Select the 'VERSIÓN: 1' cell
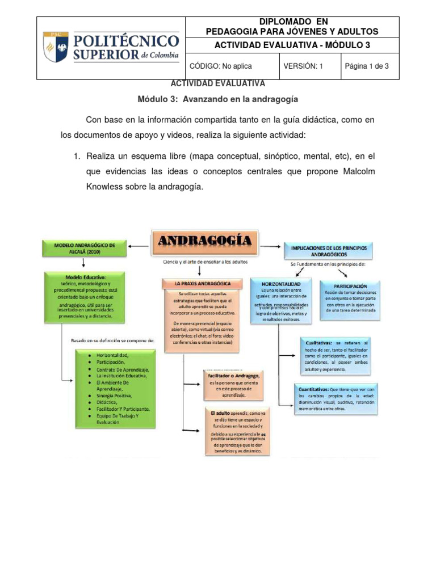(x=303, y=66)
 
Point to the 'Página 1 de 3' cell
(x=367, y=66)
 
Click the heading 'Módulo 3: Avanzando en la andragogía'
(x=218, y=99)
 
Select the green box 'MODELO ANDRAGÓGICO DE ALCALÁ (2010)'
(x=85, y=248)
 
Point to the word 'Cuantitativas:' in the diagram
(x=312, y=390)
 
